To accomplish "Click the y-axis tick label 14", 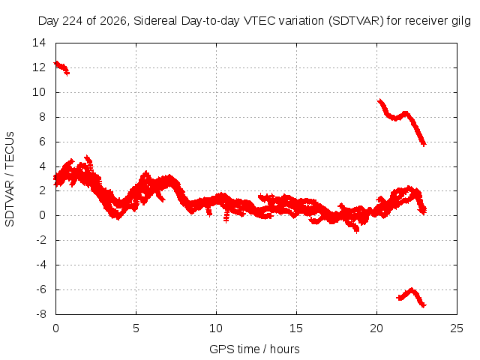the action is (x=39, y=43).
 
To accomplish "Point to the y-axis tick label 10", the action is (x=39, y=92).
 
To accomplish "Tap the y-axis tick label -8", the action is (x=41, y=314).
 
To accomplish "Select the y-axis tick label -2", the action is (x=41, y=240).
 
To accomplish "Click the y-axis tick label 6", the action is (x=42, y=142).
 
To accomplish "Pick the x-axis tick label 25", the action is (x=457, y=328).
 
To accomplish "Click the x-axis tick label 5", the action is (x=136, y=328).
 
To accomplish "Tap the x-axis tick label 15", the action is (x=296, y=328).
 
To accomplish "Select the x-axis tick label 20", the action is (x=376, y=328).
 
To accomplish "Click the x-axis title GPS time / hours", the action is (x=254, y=349).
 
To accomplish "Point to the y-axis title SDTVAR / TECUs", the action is (x=10, y=179).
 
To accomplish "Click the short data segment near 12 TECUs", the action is (x=61, y=67).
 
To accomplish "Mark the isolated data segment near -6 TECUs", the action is (x=412, y=298).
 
